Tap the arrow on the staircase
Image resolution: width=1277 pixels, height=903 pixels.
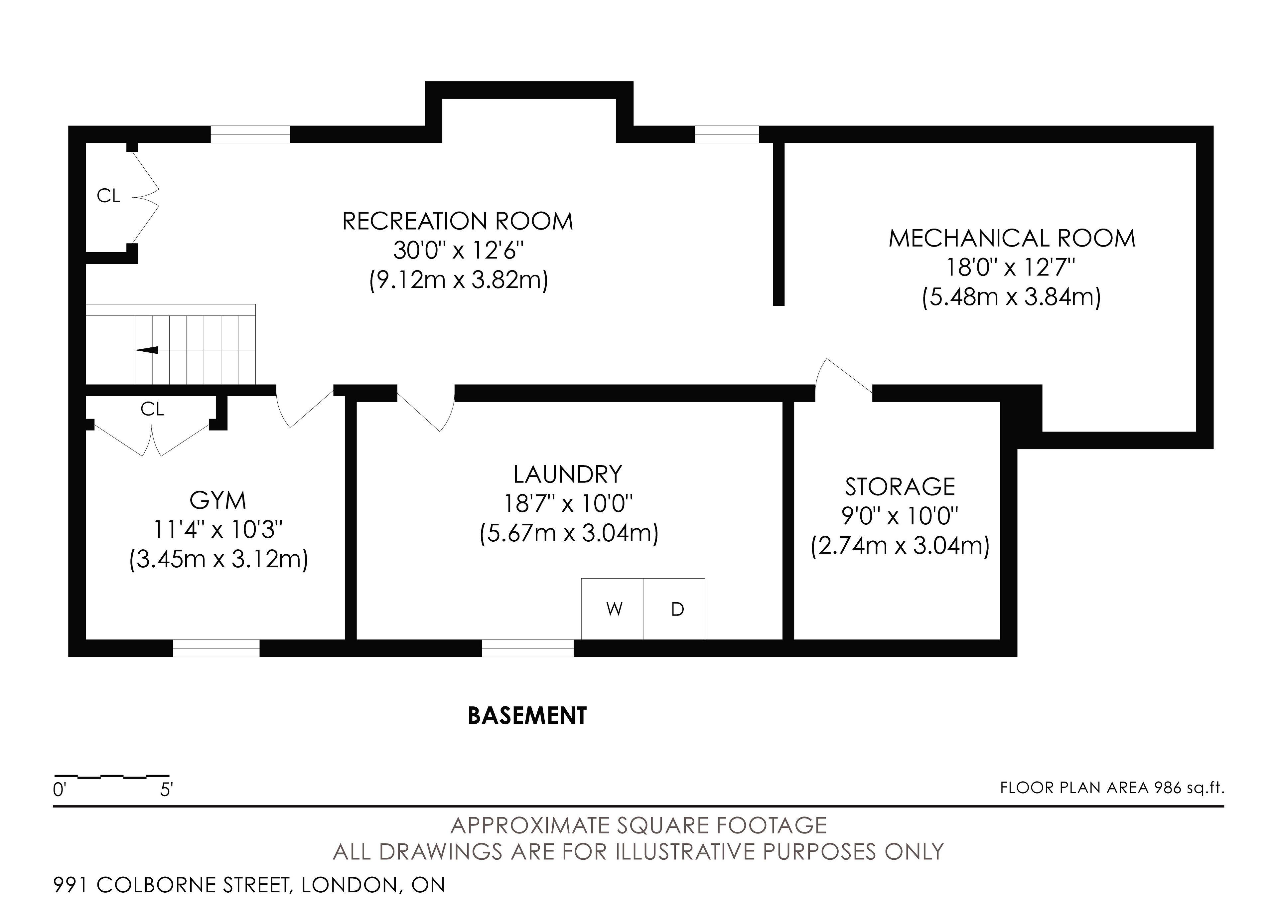(147, 350)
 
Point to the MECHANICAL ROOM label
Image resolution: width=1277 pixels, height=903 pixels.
(1012, 238)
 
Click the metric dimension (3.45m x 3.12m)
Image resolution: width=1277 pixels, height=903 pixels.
(218, 559)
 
